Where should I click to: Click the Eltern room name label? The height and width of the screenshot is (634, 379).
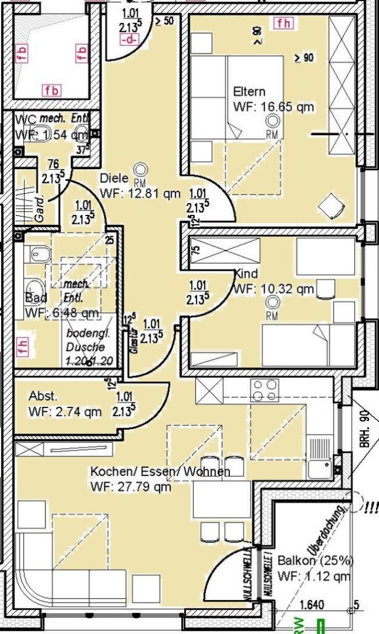(x=249, y=92)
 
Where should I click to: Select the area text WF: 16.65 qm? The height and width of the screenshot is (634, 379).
(x=273, y=106)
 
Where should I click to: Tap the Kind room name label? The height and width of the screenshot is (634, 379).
(x=245, y=274)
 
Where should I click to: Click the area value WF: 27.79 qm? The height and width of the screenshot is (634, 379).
(x=130, y=486)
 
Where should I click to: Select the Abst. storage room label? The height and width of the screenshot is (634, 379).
(x=43, y=396)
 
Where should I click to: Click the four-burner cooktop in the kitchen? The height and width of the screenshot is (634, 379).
(x=265, y=391)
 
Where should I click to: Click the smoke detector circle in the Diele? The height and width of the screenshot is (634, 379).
(x=140, y=168)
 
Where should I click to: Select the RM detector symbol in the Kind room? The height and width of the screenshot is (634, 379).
(x=271, y=303)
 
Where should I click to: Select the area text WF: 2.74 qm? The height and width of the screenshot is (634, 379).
(x=65, y=411)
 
